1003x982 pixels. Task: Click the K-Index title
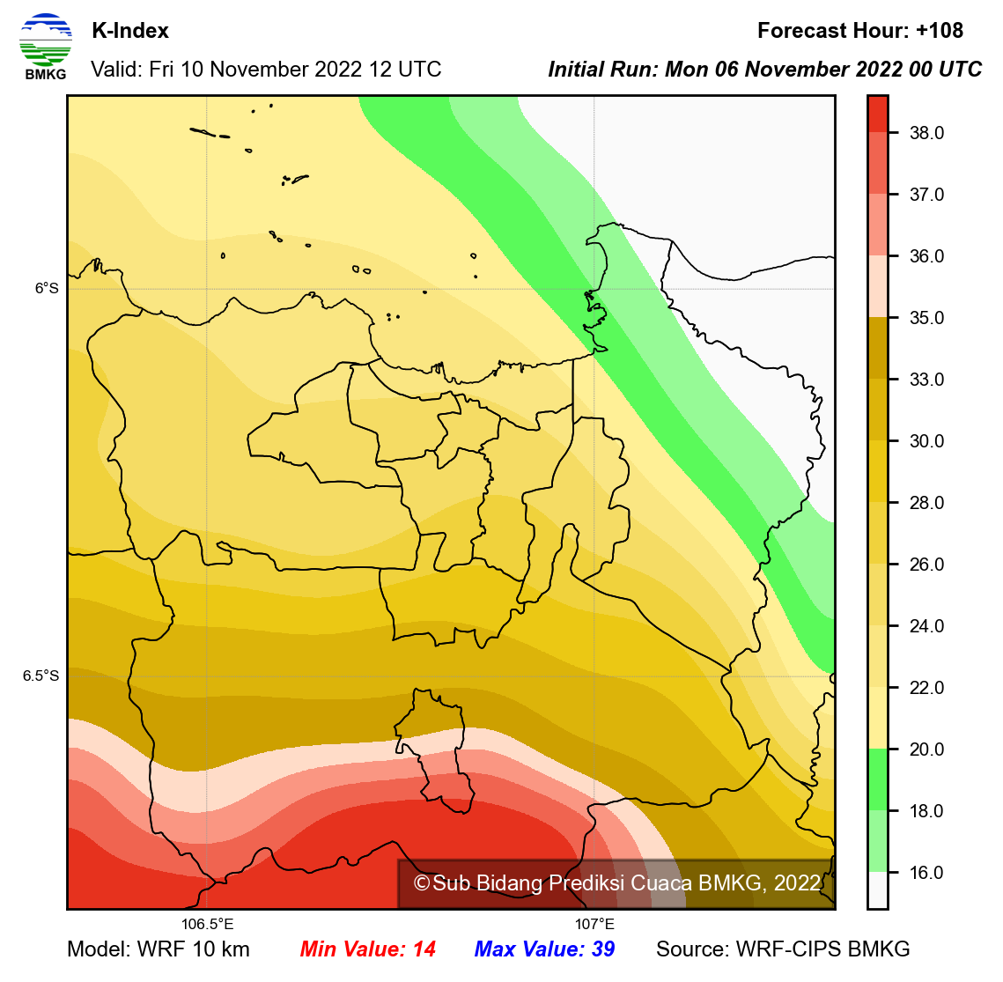coord(130,31)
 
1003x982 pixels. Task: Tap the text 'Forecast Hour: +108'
coord(859,31)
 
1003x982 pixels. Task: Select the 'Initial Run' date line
coord(764,70)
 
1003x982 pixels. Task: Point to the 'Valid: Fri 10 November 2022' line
coord(266,70)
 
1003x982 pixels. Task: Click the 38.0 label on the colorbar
coord(926,133)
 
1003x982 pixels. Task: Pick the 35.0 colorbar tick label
coord(926,318)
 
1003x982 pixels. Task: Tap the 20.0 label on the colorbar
coord(926,749)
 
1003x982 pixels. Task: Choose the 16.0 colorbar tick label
coord(926,873)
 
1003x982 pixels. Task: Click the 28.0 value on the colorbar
coord(926,503)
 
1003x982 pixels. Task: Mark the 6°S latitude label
coord(47,288)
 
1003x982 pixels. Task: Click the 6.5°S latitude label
coord(41,676)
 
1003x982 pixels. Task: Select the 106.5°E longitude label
coord(208,924)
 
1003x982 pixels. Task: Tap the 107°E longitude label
coord(595,924)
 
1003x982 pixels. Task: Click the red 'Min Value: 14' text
coord(367,949)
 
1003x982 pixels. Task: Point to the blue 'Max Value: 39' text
coord(544,949)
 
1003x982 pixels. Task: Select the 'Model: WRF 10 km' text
coord(159,949)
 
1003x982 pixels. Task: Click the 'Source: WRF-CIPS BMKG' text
coord(783,949)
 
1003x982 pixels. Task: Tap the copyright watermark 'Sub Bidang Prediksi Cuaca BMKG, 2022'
coord(617,883)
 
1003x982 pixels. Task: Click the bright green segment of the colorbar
coord(878,779)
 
